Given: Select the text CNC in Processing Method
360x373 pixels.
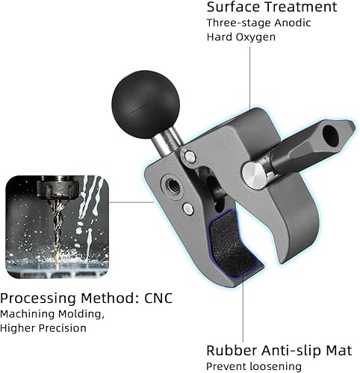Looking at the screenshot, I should coord(155,298).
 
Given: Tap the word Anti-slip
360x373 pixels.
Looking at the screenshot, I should coord(291,350).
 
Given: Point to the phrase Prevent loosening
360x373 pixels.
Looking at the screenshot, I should coord(254,366).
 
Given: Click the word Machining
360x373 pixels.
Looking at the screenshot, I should coord(30,314).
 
